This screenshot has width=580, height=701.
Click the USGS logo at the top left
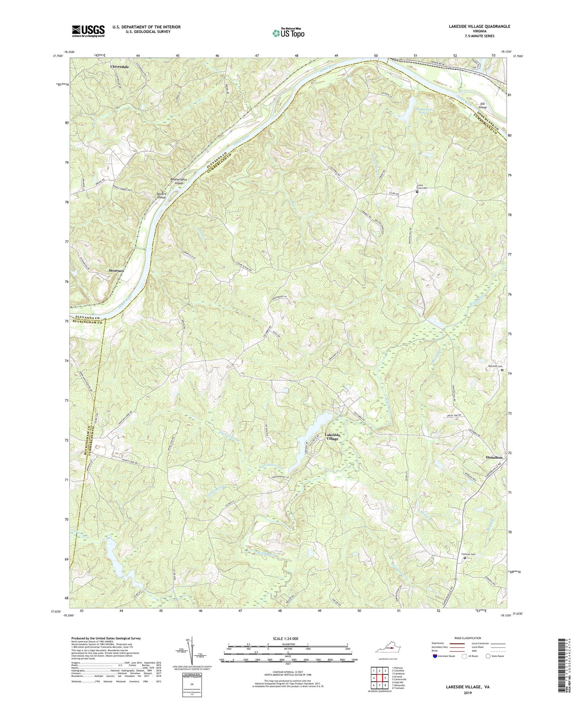click(x=88, y=31)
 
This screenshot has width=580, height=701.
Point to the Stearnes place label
click(x=116, y=271)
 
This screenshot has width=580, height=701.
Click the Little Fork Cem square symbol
click(x=417, y=192)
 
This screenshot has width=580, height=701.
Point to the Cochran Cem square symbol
click(x=465, y=558)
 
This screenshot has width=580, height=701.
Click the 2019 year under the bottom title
click(x=467, y=693)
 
